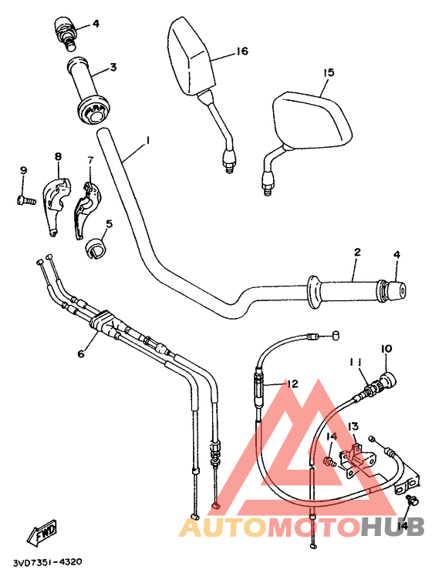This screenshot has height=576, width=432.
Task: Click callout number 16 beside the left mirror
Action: (241, 52)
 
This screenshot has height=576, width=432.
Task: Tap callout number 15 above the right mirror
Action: (329, 72)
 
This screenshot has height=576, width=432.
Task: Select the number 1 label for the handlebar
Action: (147, 141)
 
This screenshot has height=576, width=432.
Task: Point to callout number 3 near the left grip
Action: (113, 68)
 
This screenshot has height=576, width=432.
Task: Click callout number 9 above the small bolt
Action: (23, 170)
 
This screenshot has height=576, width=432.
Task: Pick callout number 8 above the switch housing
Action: (57, 157)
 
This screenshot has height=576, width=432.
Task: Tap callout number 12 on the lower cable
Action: (292, 383)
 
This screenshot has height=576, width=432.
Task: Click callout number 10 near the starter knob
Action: (386, 349)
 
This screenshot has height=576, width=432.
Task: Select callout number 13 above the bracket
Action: (353, 427)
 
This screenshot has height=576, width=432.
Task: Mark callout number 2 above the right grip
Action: (357, 253)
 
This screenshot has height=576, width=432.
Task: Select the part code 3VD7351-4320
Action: (48, 563)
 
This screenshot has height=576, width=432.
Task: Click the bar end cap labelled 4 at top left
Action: (66, 30)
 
